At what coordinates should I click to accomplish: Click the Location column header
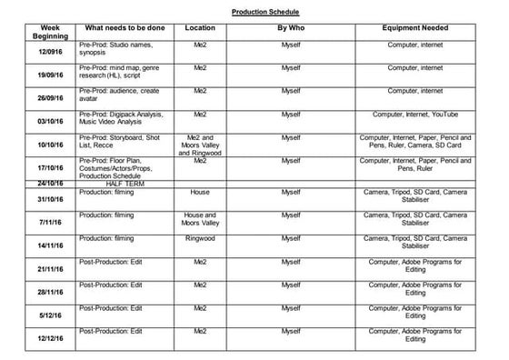click(x=200, y=28)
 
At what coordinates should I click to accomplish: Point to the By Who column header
click(x=290, y=28)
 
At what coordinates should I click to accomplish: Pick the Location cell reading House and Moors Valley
click(x=200, y=219)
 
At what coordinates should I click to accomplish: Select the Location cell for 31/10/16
click(x=200, y=192)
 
